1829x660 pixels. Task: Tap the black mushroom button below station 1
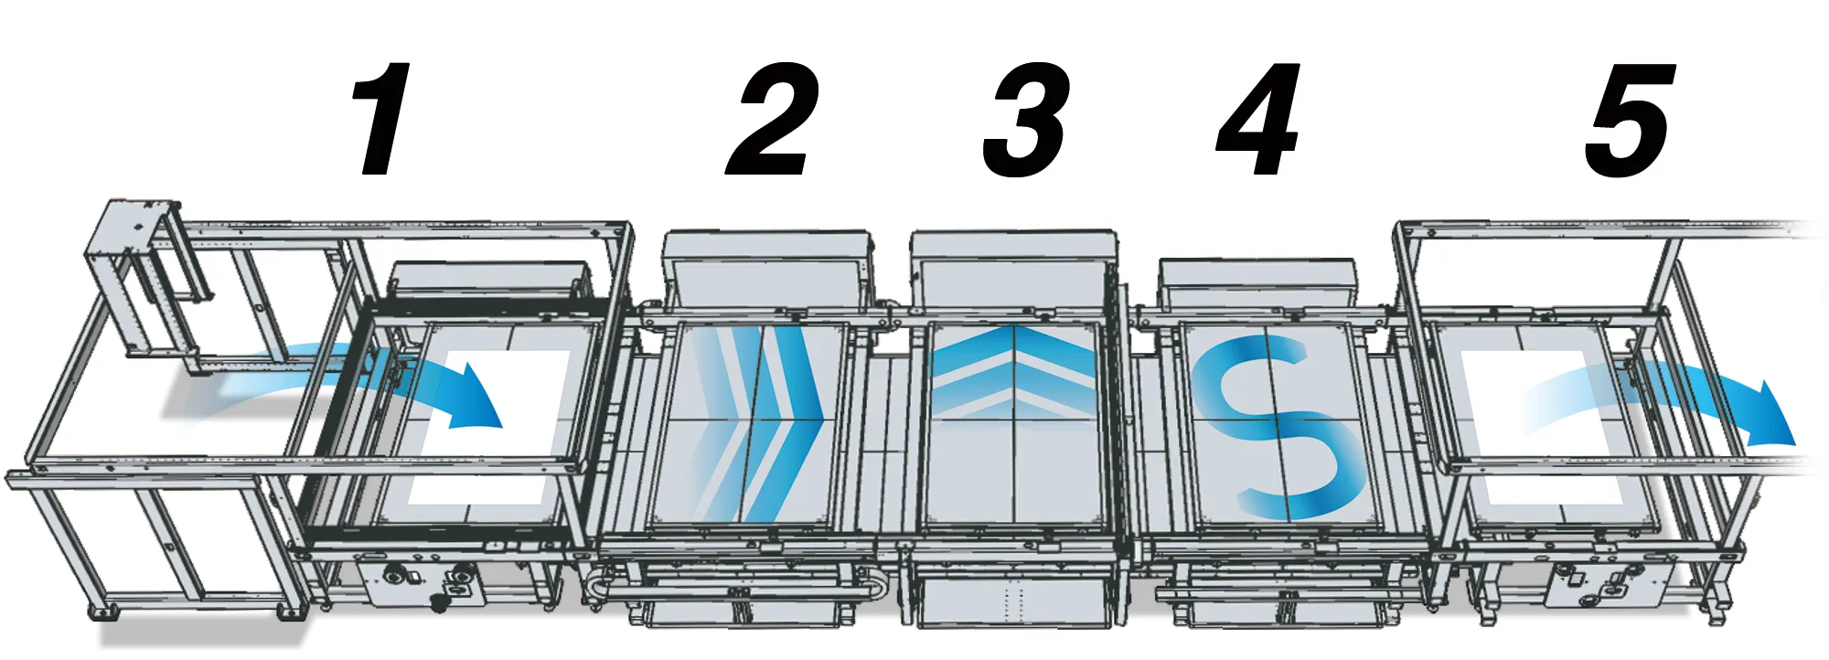[440, 602]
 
